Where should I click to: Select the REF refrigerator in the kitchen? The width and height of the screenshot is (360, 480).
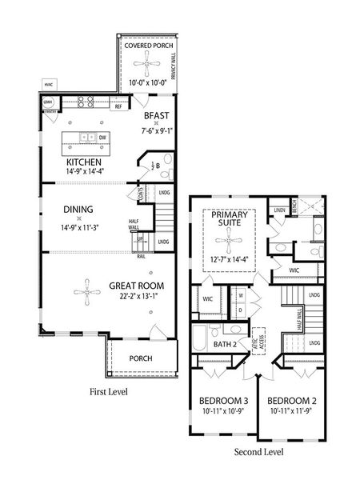pyautogui.click(x=118, y=105)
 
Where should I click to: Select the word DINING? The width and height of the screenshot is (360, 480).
pyautogui.click(x=79, y=210)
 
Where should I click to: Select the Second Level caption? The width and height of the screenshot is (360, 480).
pyautogui.click(x=257, y=452)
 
